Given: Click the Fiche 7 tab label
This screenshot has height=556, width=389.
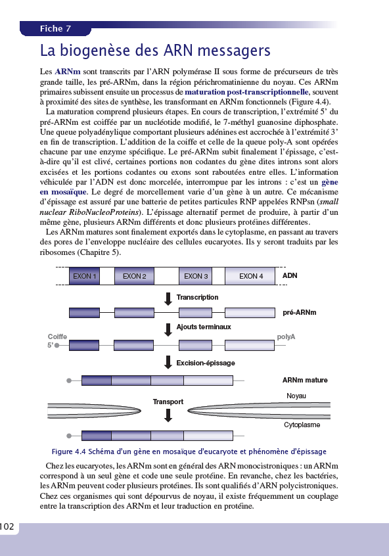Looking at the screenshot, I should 55,29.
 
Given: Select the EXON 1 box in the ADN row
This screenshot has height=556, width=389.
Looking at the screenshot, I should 85,276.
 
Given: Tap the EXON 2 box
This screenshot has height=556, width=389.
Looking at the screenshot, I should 135,276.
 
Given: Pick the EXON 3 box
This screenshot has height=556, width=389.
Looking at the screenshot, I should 196,276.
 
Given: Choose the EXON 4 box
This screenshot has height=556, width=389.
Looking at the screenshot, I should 251,276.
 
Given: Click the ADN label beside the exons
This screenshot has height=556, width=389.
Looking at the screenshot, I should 290,276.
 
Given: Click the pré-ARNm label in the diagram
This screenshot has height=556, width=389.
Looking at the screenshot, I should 299,313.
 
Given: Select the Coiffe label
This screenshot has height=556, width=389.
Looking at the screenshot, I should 58,336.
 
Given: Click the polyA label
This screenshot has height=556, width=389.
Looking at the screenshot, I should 286,336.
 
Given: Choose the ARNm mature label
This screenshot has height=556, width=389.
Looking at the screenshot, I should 305,380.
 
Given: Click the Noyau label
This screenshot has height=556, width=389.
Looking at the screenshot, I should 296,396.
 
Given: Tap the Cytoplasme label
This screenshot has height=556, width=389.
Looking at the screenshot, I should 302,425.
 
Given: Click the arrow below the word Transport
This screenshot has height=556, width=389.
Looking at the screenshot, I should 168,415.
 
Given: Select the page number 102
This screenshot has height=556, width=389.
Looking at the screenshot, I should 8,527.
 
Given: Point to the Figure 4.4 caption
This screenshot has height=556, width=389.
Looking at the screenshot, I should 189,452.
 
